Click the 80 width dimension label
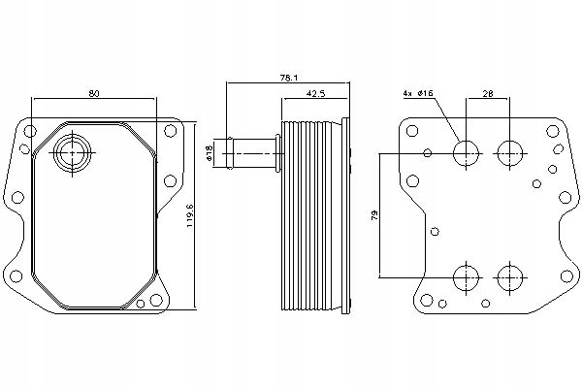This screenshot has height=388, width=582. (x=93, y=94)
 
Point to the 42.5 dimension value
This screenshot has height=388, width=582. (x=315, y=94)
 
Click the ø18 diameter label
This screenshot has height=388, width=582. (x=210, y=152)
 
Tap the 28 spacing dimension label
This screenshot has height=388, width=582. (x=489, y=94)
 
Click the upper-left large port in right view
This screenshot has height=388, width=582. (x=467, y=152)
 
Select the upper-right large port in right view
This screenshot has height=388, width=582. (x=508, y=152)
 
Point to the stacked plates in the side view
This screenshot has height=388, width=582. (x=314, y=213)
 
